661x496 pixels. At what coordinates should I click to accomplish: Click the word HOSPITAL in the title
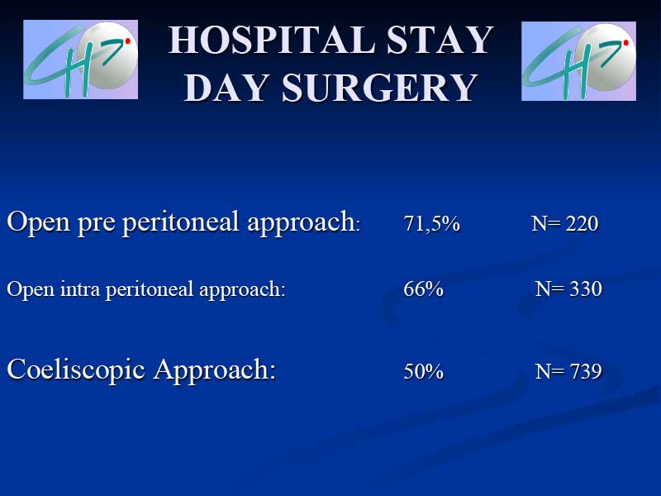(273, 40)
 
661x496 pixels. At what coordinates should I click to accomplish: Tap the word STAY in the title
(440, 40)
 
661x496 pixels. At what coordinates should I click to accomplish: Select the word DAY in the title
(226, 88)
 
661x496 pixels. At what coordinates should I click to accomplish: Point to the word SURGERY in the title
(379, 88)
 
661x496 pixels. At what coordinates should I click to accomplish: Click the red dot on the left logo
(128, 41)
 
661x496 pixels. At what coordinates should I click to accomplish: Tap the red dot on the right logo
(626, 43)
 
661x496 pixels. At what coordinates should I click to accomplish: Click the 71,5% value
(431, 223)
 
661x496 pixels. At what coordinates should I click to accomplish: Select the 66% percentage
(423, 289)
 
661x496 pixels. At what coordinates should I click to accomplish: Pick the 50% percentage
(423, 371)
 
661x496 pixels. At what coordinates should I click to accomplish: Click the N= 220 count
(565, 223)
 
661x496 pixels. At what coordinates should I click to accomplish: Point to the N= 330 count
(568, 289)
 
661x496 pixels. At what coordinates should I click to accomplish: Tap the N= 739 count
(568, 371)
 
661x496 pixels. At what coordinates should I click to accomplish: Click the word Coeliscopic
(76, 370)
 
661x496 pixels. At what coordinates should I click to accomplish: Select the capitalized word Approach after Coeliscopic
(215, 370)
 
